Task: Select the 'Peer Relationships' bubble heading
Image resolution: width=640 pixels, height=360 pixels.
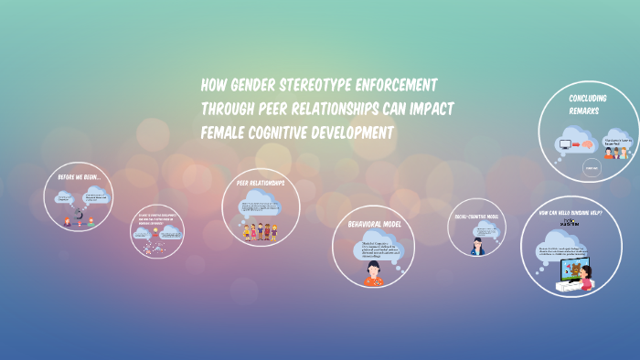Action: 261,183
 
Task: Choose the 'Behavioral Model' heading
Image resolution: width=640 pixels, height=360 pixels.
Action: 373,223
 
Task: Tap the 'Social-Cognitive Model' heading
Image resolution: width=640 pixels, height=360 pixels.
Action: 477,217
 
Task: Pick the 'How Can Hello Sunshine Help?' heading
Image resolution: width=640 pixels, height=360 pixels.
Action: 570,213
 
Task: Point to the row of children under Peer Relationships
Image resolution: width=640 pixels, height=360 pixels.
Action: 261,230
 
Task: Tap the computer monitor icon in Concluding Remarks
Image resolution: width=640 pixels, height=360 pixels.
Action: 562,143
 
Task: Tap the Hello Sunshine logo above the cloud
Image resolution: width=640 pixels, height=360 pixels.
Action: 568,226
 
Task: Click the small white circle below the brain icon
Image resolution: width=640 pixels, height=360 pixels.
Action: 590,167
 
